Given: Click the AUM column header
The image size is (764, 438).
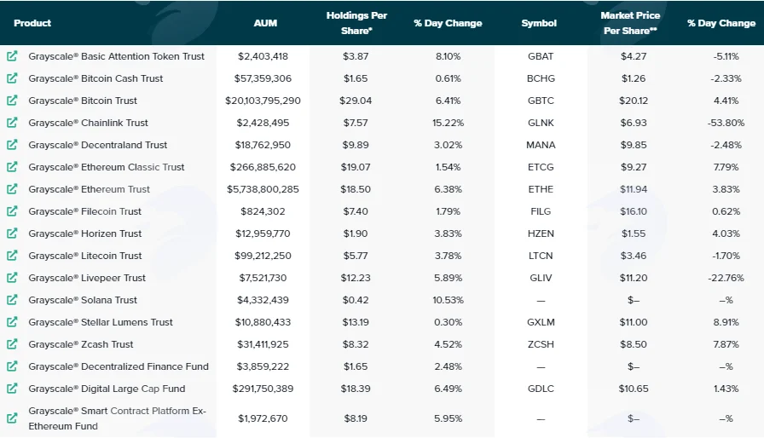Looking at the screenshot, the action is pos(265,23).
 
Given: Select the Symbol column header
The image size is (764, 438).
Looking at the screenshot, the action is pos(539,23).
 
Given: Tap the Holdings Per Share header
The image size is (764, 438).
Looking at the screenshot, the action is pos(356,23).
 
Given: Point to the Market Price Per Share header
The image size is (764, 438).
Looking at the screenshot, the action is pos(630,23).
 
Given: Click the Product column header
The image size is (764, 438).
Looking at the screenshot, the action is pos(32,23).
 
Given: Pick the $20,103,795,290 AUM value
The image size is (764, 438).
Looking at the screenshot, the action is pos(263,101).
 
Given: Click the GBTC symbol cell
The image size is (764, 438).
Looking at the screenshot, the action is pos(541,101).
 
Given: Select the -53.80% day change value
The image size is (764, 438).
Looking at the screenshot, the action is pos(726,123).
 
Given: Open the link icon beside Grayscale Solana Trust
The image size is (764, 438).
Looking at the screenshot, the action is pos(12,300).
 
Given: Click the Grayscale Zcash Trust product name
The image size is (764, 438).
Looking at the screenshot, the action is pos(81,344).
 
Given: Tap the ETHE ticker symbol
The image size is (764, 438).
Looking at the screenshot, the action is pos(541,189).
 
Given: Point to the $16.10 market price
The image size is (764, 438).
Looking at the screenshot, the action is pos(634,211).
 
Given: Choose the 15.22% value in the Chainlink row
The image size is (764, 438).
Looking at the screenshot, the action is pos(448,123).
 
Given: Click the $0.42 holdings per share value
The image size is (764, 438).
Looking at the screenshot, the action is pos(356,300).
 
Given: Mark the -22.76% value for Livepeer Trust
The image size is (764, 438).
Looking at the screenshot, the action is pos(726,278).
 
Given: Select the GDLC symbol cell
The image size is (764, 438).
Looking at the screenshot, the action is pos(541,389).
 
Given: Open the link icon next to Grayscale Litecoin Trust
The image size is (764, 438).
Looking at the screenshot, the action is pos(12,256).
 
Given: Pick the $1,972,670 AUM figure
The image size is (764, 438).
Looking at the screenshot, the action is pos(263,418).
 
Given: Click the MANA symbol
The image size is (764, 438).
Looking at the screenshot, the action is pos(541,145).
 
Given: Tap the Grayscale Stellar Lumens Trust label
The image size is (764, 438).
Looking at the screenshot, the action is pos(101,322).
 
